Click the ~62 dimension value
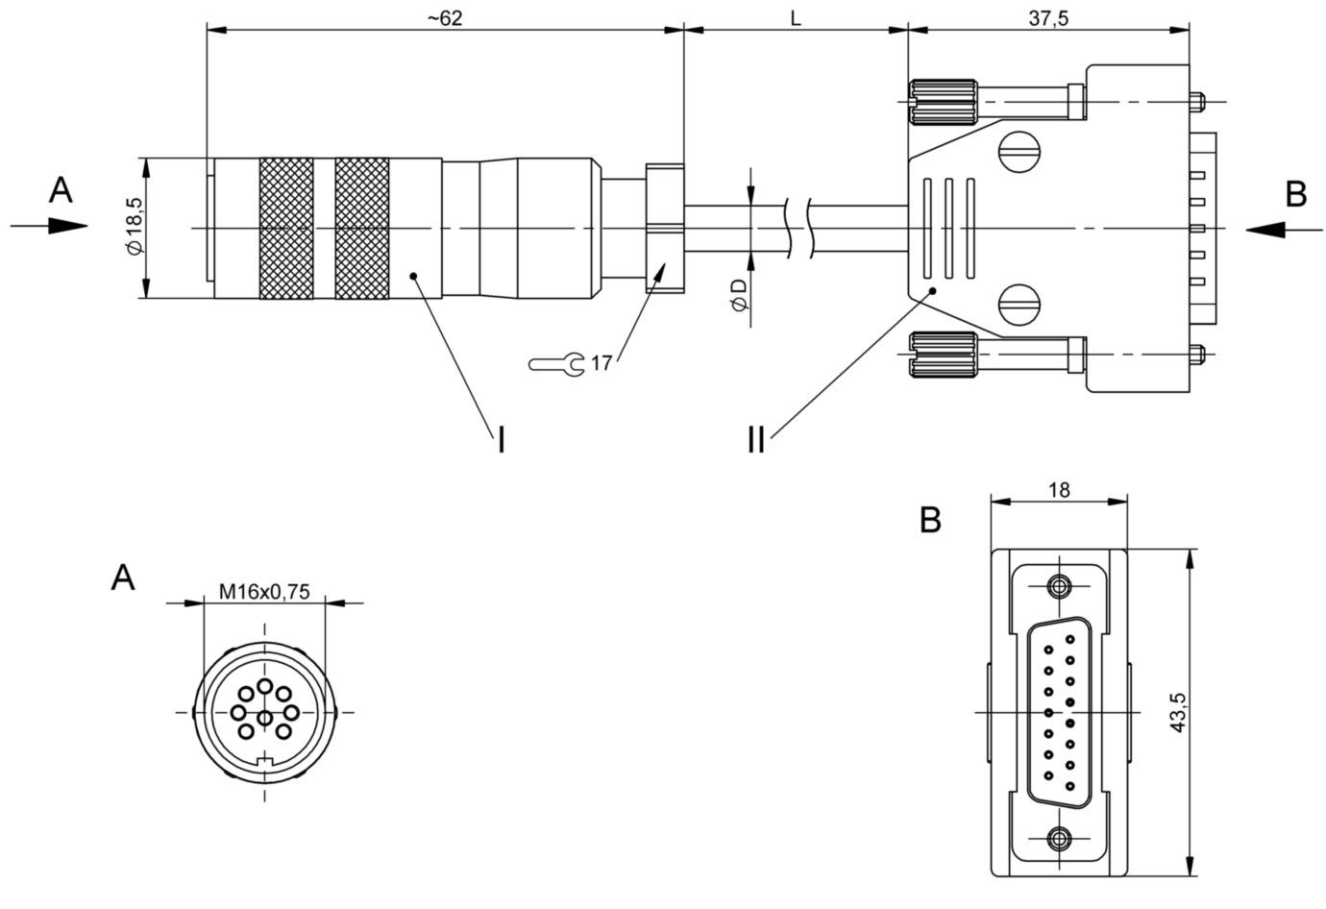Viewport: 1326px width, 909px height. point(445,19)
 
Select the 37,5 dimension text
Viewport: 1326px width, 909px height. point(1048,19)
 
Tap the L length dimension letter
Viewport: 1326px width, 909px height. point(796,19)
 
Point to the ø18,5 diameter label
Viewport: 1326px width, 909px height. point(135,227)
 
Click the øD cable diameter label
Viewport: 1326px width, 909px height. point(739,295)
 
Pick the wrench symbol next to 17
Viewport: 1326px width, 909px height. point(556,364)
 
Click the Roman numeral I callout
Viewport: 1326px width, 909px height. point(502,440)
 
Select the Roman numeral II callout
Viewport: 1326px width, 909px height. point(756,440)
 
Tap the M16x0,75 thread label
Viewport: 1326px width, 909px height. point(264,592)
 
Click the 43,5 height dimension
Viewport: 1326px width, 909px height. point(1179,713)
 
